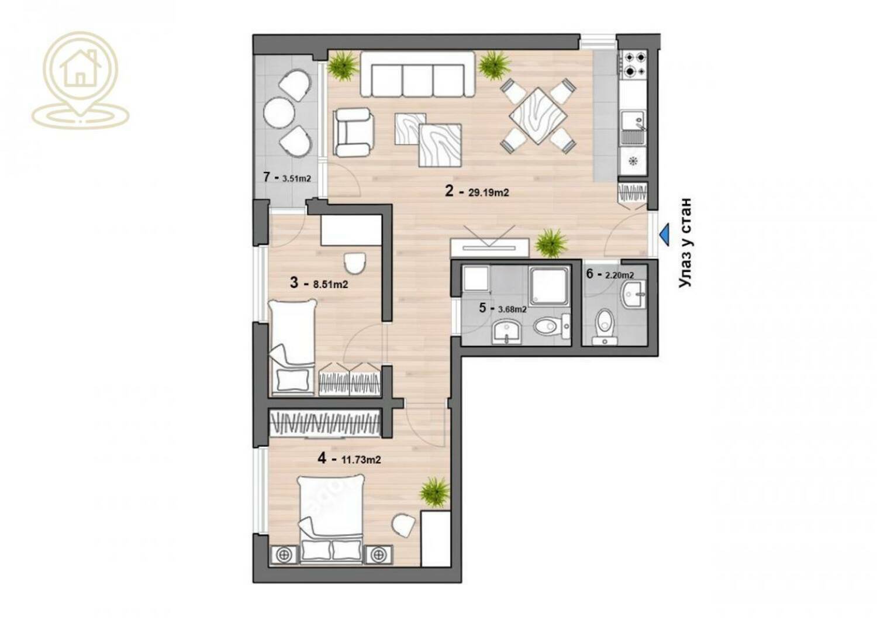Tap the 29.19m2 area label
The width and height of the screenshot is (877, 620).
click(x=489, y=192)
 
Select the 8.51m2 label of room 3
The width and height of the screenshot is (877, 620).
click(x=330, y=284)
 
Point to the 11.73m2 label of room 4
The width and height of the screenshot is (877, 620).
click(x=361, y=459)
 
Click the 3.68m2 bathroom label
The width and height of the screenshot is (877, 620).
click(x=512, y=309)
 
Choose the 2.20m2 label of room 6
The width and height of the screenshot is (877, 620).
click(x=620, y=275)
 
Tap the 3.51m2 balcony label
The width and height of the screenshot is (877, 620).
click(x=297, y=178)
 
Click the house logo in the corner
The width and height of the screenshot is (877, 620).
click(x=80, y=80)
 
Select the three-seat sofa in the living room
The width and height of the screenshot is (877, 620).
click(x=417, y=74)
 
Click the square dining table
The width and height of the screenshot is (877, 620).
click(x=538, y=116)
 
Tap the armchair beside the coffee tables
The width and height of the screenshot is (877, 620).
click(x=354, y=132)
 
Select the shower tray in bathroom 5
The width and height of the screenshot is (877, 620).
click(x=550, y=286)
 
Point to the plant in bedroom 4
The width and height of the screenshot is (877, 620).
click(x=434, y=492)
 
